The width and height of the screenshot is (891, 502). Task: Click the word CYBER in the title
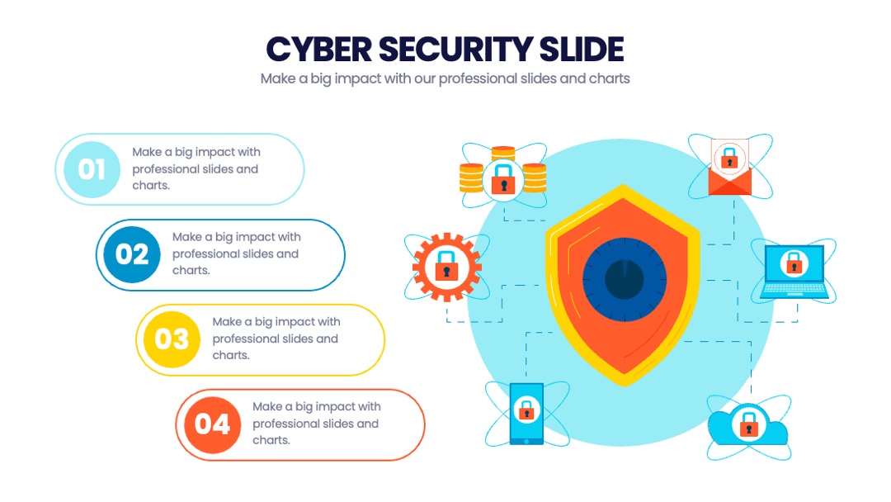pyautogui.click(x=318, y=49)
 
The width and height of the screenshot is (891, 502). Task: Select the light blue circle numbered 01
pyautogui.click(x=92, y=169)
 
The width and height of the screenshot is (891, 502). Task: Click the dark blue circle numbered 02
pyautogui.click(x=132, y=254)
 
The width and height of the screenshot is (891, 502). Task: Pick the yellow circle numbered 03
pyautogui.click(x=172, y=339)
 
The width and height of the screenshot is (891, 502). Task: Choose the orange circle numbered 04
pyautogui.click(x=212, y=424)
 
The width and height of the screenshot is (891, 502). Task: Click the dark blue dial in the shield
pyautogui.click(x=624, y=280)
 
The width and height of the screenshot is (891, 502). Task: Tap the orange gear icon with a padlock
pyautogui.click(x=447, y=267)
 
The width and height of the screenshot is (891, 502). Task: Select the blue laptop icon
pyautogui.click(x=794, y=271)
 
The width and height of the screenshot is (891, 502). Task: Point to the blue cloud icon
pyautogui.click(x=747, y=425)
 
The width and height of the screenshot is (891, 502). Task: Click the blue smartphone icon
pyautogui.click(x=526, y=414)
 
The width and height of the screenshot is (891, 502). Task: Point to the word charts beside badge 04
pyautogui.click(x=271, y=440)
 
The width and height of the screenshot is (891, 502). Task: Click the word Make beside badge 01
pyautogui.click(x=147, y=152)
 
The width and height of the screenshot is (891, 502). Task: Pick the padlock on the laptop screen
pyautogui.click(x=794, y=263)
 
